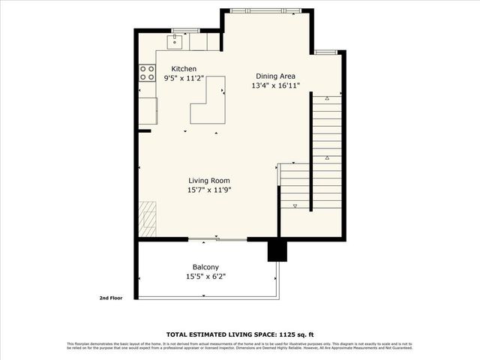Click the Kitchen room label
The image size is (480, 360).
184,69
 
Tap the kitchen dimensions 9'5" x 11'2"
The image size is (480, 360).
184,78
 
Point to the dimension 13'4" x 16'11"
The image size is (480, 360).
275,85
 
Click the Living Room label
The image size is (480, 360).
208,181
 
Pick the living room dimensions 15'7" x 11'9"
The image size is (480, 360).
208,190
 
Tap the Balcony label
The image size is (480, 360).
205,268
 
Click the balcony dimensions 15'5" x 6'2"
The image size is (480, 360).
205,277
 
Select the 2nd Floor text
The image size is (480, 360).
111,298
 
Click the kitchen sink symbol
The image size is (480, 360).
174,40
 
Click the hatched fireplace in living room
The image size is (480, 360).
147,219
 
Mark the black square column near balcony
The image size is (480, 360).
277,250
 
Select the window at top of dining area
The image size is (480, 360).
268,10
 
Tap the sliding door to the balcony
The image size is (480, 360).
217,239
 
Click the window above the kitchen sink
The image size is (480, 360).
184,30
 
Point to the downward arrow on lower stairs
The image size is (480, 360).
295,205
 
